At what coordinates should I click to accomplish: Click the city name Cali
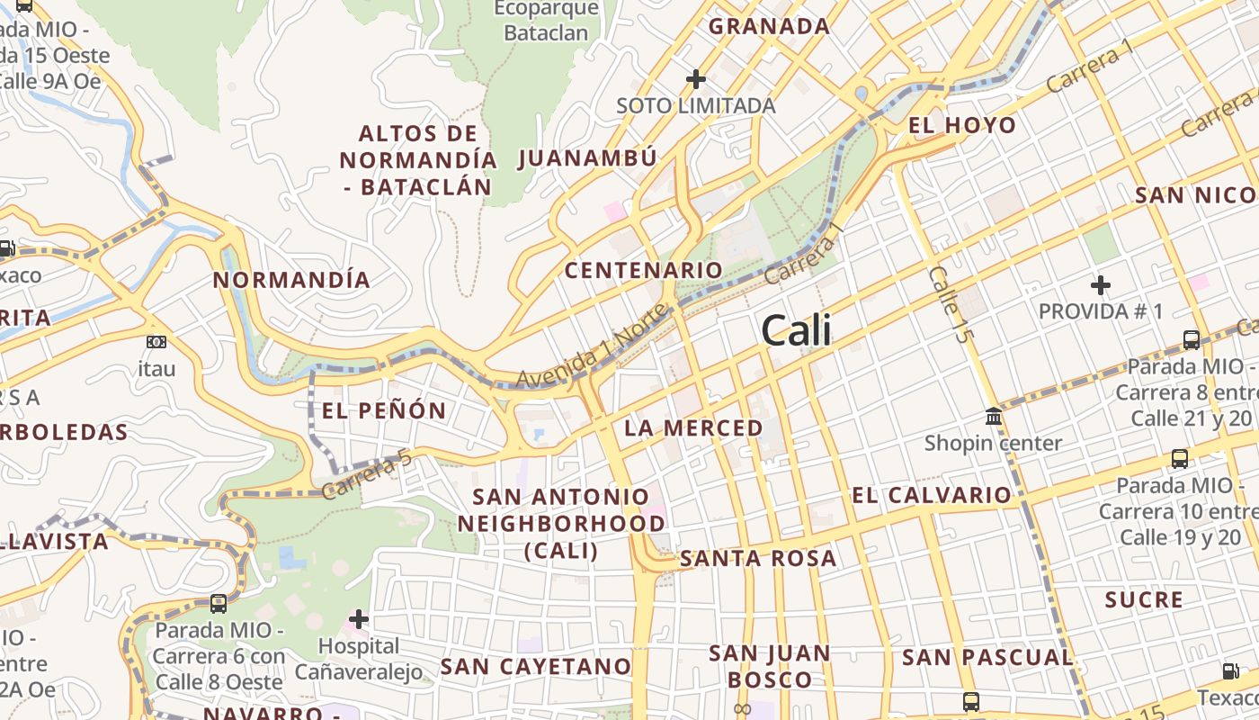(x=796, y=331)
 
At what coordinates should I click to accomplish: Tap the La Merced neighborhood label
(x=693, y=427)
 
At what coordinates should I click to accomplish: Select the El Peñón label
(x=384, y=411)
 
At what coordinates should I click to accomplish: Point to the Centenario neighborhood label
(x=643, y=270)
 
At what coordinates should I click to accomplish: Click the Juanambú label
(x=587, y=158)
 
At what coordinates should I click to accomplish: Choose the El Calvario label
(x=931, y=495)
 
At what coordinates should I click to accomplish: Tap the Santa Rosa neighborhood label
(x=758, y=559)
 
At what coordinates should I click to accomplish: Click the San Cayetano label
(x=535, y=667)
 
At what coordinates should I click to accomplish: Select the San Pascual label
(x=987, y=658)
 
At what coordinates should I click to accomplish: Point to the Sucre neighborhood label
(x=1144, y=600)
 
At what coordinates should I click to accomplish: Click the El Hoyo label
(x=962, y=125)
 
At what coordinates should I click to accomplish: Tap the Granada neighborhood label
(x=769, y=26)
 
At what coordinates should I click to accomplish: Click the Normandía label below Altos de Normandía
(x=291, y=280)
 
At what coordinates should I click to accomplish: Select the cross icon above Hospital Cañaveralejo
(x=359, y=619)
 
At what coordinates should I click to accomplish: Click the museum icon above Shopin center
(x=994, y=417)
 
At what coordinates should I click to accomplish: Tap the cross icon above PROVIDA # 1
(x=1100, y=286)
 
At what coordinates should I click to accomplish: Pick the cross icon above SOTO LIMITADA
(x=695, y=79)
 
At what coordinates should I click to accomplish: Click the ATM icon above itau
(x=156, y=342)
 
